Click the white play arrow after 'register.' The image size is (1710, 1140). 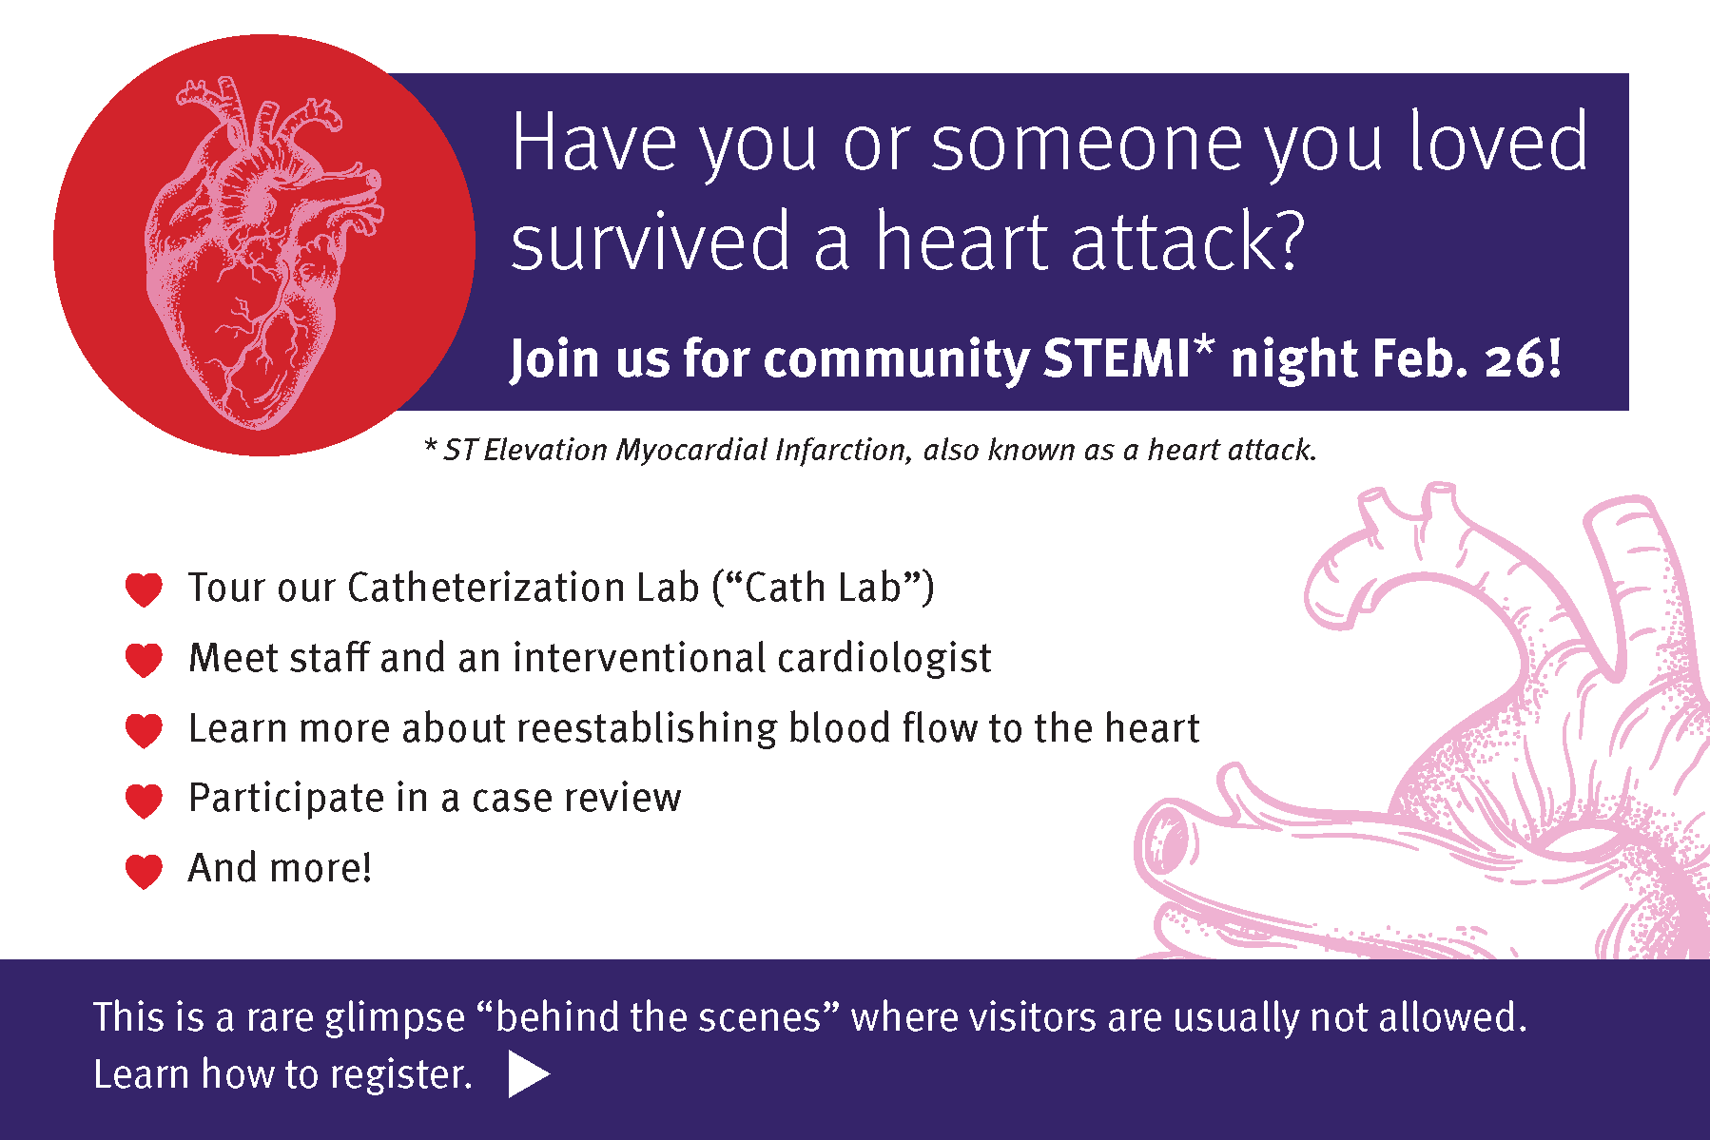tap(528, 1074)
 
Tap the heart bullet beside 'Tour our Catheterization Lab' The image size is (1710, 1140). tap(144, 589)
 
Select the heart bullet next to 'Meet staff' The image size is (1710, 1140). tap(144, 659)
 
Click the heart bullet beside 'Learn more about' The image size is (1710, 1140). tap(144, 729)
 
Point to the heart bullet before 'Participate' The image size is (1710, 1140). tap(144, 800)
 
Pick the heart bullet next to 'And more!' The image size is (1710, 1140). tap(144, 870)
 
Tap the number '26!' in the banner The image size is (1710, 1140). tap(1523, 359)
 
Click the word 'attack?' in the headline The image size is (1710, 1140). tap(1188, 242)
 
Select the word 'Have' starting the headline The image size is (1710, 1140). tap(593, 143)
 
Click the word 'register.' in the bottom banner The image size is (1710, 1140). tap(401, 1075)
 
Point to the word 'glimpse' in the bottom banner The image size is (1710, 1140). tap(395, 1018)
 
